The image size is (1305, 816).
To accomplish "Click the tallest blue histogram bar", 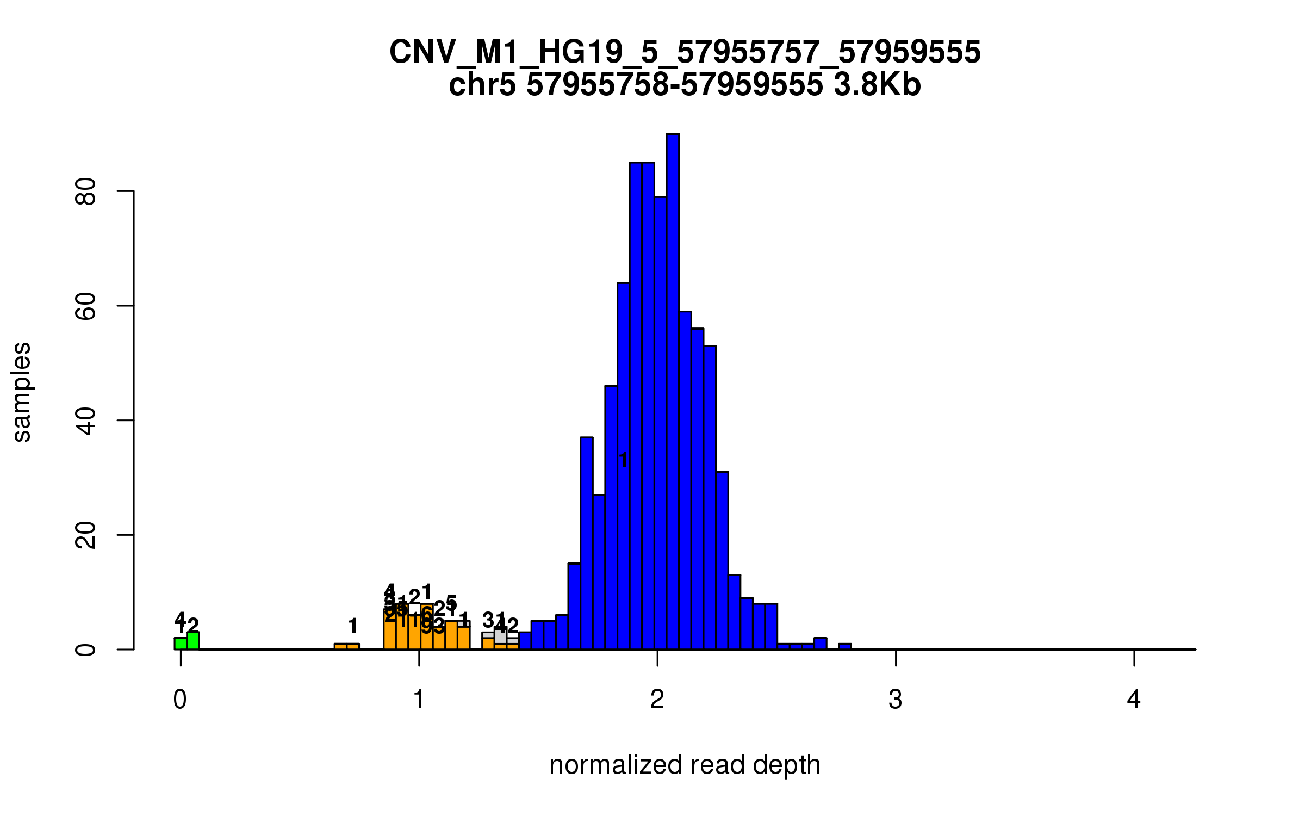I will [x=673, y=392].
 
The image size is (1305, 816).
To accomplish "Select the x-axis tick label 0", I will [x=180, y=700].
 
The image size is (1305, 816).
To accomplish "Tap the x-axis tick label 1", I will [x=419, y=700].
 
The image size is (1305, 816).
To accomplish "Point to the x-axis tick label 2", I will [x=657, y=700].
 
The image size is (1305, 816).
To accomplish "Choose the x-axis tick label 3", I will [x=896, y=700].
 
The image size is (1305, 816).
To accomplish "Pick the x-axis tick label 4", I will [x=1134, y=700].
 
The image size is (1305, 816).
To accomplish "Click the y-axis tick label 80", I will [x=86, y=191].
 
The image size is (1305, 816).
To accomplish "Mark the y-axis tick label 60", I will [x=86, y=306].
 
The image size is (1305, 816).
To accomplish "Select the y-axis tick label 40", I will [x=86, y=421].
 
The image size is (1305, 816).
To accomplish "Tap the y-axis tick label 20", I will [x=86, y=535].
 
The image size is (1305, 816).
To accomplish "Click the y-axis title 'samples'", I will [x=22, y=392].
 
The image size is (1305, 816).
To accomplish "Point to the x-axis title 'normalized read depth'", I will [x=685, y=765].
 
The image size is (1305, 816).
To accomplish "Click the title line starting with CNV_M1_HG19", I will [x=685, y=52].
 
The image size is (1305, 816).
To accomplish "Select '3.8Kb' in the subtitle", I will [x=877, y=85].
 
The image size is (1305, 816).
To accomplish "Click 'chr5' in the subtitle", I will [x=482, y=85].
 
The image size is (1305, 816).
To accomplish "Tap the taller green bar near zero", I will [x=193, y=641].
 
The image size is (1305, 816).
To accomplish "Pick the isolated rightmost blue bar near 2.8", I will [x=844, y=647].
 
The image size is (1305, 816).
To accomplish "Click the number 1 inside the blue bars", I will [x=624, y=460].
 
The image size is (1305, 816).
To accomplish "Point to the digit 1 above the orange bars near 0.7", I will [x=353, y=626].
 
